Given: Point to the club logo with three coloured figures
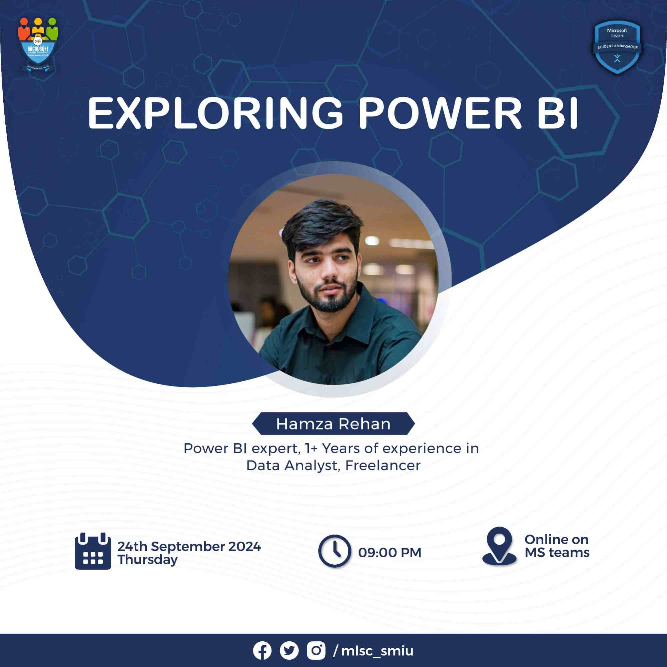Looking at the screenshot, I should pos(38,45).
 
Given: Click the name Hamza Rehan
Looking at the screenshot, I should pos(333,424).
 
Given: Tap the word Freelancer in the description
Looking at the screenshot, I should pos(383,465).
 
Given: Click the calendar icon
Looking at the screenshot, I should pos(92,551).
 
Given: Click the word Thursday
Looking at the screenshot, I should pos(147,560).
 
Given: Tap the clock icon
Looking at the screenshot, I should pos(334,551).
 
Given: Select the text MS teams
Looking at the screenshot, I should pos(557,553).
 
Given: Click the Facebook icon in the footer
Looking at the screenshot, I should pos(262,651).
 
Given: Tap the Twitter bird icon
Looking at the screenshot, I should pos(289,651).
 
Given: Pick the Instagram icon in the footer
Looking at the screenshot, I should pos(316,651).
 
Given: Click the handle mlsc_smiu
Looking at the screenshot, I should pos(377,651).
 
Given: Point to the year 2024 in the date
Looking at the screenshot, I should pos(244,547).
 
